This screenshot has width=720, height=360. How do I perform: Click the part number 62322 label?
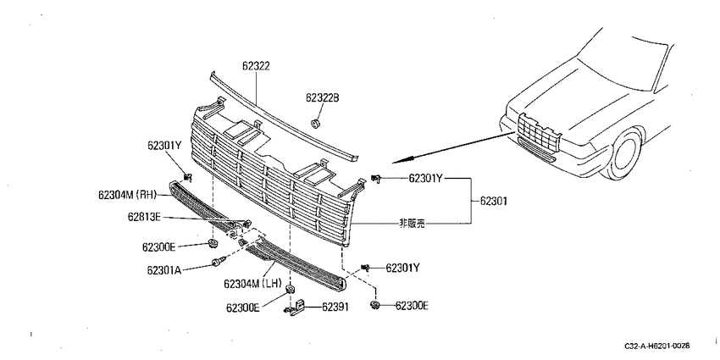[x=256, y=67]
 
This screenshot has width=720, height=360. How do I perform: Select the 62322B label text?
[x=323, y=97]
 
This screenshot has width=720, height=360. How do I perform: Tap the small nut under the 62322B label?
[x=315, y=123]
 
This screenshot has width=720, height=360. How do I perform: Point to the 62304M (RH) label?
[x=127, y=195]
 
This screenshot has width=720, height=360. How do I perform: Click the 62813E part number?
[x=144, y=217]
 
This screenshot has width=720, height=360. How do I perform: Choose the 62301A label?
[x=163, y=270]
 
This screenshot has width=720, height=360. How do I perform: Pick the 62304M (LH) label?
[x=252, y=284]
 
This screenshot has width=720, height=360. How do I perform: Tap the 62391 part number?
[x=335, y=307]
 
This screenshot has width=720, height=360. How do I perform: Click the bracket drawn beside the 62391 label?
[x=296, y=307]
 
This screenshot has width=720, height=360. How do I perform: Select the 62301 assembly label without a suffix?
[x=494, y=201]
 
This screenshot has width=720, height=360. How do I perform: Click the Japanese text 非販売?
[x=412, y=224]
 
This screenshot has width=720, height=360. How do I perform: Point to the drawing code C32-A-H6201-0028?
[x=657, y=346]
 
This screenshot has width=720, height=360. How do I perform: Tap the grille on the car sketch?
[x=538, y=133]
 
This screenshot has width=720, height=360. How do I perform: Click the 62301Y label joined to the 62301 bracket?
[x=425, y=179]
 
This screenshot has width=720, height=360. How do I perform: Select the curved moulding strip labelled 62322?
[x=284, y=117]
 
